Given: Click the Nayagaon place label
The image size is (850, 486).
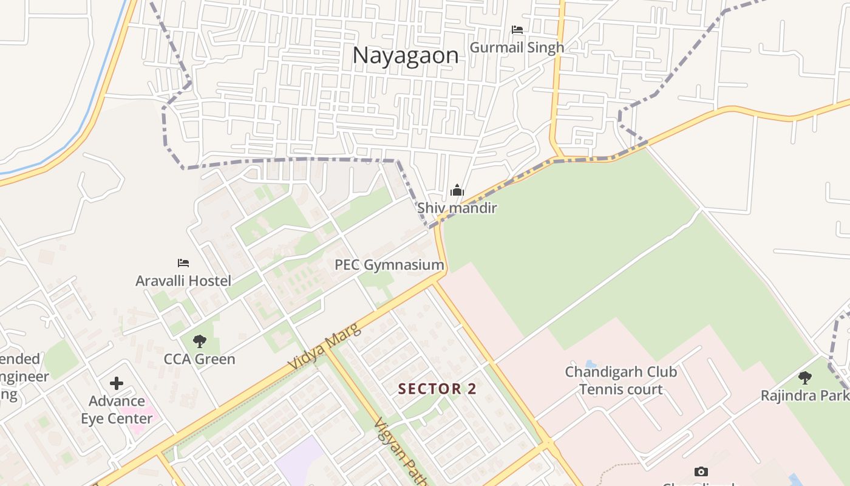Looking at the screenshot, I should pyautogui.click(x=405, y=55).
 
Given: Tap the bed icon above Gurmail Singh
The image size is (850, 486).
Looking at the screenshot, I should pyautogui.click(x=517, y=29).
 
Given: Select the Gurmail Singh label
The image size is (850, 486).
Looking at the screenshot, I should pyautogui.click(x=517, y=47).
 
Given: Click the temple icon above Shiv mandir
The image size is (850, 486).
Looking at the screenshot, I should pyautogui.click(x=457, y=191).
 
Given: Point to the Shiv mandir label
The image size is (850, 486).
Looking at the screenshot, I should pyautogui.click(x=457, y=208).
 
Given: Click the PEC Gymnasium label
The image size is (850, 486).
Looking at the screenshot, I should pyautogui.click(x=389, y=265).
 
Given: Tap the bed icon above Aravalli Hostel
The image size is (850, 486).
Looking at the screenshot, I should pyautogui.click(x=183, y=263).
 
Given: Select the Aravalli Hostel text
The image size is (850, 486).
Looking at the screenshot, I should pyautogui.click(x=183, y=281).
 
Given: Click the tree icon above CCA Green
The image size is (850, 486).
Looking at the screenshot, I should pyautogui.click(x=199, y=341).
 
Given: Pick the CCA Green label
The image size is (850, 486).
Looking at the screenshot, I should pyautogui.click(x=199, y=359).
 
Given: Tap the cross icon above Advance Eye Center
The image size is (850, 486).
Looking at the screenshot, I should pyautogui.click(x=117, y=383).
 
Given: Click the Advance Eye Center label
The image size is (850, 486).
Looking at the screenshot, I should pyautogui.click(x=117, y=409).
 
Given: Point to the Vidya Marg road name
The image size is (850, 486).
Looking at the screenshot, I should pyautogui.click(x=324, y=347).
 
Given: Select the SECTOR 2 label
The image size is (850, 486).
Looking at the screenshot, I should pyautogui.click(x=437, y=389).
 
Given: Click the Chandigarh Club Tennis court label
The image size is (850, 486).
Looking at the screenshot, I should pyautogui.click(x=620, y=380).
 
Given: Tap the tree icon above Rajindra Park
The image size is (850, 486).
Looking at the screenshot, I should pyautogui.click(x=805, y=378).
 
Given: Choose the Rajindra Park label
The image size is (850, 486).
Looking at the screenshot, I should pyautogui.click(x=804, y=395).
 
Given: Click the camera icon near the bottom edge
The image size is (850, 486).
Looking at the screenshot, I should pyautogui.click(x=701, y=471).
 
